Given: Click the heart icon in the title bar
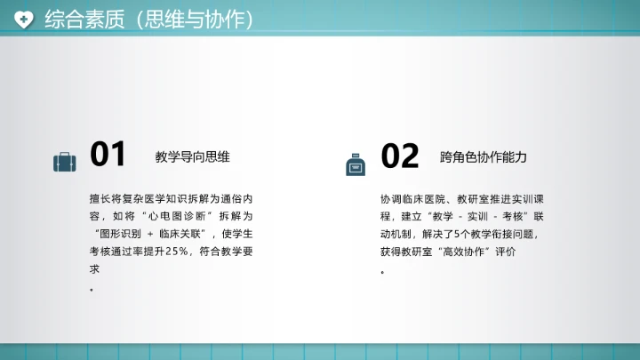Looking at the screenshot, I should pos(25,18).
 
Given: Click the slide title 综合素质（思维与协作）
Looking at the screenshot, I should pos(148,19).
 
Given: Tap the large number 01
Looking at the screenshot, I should pos(108,155).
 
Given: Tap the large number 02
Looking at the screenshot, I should pos(400,156).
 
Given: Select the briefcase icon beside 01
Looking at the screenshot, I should pos(65,162).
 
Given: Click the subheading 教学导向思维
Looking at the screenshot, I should pos(192,157).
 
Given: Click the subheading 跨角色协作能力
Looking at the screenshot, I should pos(484,157).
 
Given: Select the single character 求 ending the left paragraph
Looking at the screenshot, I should pos(94,269).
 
